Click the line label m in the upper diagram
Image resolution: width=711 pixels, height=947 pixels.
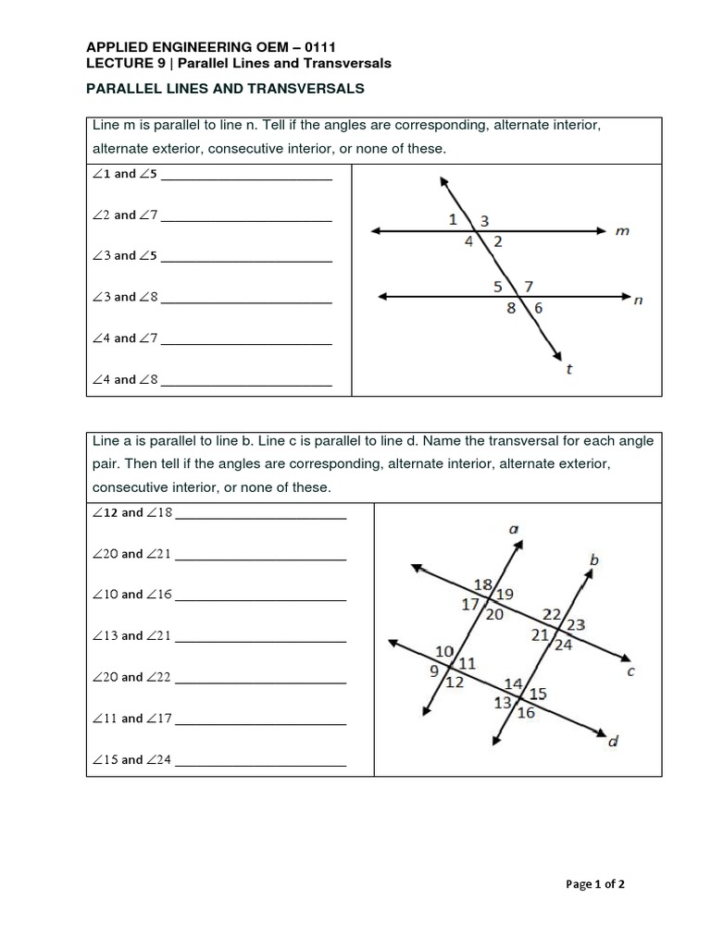[622, 231]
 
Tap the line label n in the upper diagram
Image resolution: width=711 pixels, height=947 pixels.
[638, 300]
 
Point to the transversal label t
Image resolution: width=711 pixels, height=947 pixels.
[568, 370]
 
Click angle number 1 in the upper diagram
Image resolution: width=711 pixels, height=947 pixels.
[453, 219]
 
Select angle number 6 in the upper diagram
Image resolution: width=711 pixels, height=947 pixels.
[538, 309]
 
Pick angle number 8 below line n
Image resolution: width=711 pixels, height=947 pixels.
[511, 309]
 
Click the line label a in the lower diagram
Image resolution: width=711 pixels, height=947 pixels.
[514, 529]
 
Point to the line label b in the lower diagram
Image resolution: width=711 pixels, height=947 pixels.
[594, 560]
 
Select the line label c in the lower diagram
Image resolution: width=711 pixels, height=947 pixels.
[631, 672]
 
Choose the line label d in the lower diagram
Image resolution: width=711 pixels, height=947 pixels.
[613, 742]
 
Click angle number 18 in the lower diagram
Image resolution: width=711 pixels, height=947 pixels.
[482, 584]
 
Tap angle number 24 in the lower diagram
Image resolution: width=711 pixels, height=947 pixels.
[563, 646]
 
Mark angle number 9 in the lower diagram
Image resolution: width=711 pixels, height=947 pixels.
[434, 672]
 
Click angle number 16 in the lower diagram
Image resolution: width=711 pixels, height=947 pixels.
[526, 712]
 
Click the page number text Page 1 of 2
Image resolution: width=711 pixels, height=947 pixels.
[595, 884]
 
